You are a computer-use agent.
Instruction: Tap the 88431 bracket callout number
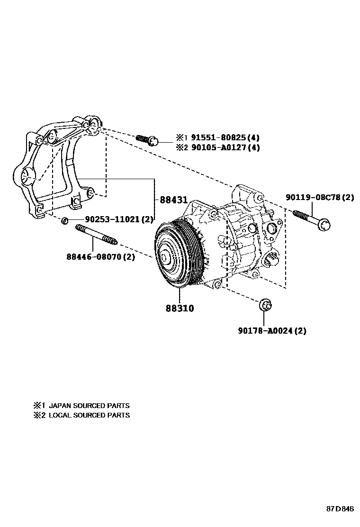(173, 200)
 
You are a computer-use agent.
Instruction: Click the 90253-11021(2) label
(119, 219)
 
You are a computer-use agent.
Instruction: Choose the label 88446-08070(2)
(100, 257)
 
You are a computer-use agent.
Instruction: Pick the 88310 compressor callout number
(180, 308)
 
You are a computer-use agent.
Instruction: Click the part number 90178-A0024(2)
(272, 331)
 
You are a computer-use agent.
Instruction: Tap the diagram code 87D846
(340, 509)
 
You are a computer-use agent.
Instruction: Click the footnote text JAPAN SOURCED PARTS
(89, 406)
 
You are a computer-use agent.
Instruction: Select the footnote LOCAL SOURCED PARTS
(89, 415)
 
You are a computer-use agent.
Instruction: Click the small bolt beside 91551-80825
(147, 139)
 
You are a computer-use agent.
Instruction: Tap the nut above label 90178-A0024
(265, 306)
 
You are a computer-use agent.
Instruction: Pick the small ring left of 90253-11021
(66, 220)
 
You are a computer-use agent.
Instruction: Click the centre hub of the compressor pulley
(166, 258)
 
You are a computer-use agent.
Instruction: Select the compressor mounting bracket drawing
(57, 166)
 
